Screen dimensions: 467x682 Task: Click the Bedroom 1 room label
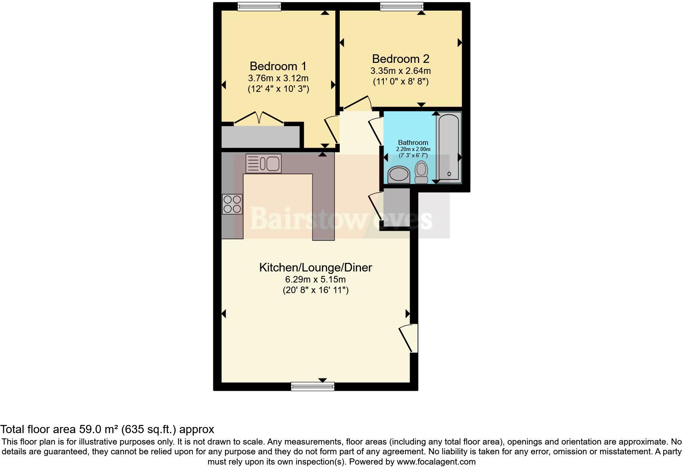pos(278,66)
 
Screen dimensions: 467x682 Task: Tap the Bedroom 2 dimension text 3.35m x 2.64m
pos(400,71)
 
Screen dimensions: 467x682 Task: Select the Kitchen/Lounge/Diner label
pos(315,268)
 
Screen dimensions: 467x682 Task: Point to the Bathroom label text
pos(413,142)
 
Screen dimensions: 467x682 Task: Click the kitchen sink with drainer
pos(263,163)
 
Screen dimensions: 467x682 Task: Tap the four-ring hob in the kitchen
pos(232,204)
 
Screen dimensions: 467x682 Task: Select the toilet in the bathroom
pos(421,172)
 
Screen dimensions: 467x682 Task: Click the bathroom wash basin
pos(399,175)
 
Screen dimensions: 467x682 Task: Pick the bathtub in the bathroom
pos(449,147)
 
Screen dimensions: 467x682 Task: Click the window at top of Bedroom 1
pos(259,6)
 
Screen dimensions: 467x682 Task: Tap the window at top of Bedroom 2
pos(401,6)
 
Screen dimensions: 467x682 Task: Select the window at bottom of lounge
pos(313,386)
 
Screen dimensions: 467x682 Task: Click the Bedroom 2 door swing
pos(358,104)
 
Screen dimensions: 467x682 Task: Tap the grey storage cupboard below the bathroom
pos(396,208)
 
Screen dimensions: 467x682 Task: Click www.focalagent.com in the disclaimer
pos(436,462)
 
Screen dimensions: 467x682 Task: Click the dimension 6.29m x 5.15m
pos(315,280)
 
